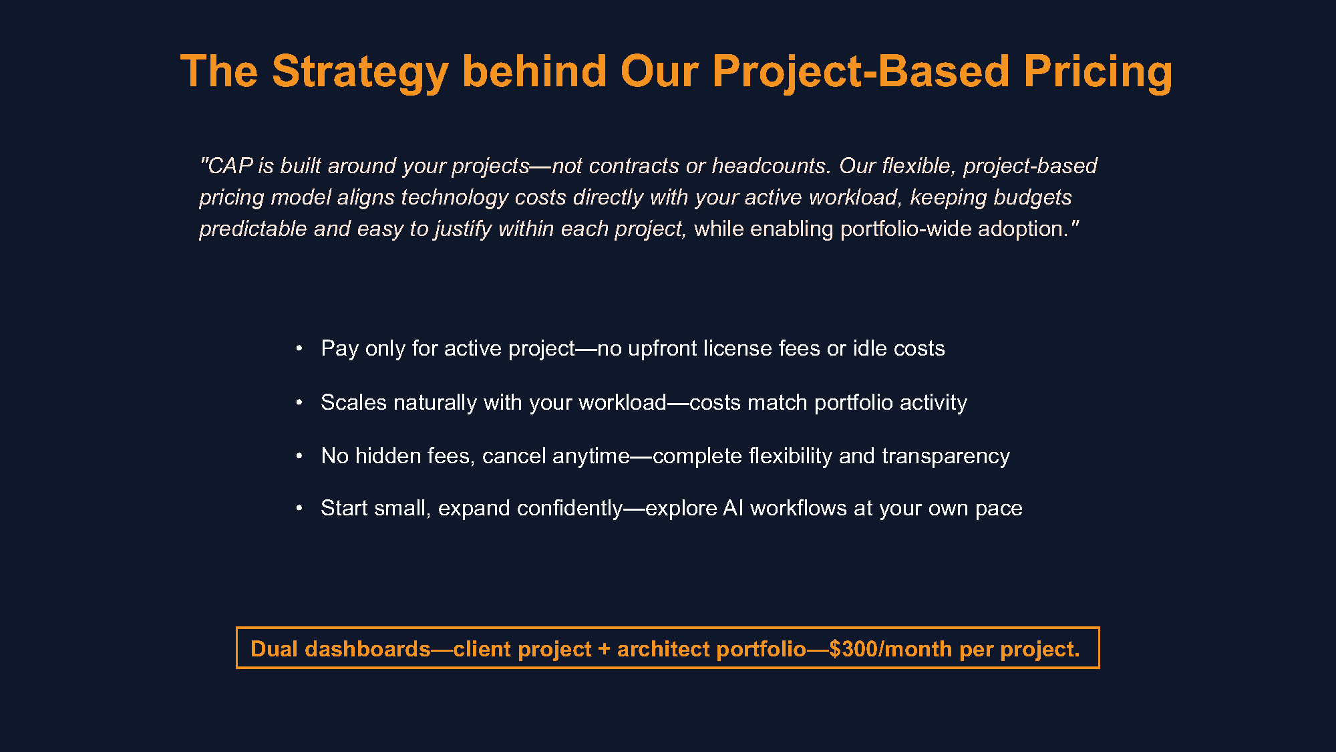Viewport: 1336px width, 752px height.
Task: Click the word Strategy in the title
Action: pos(359,72)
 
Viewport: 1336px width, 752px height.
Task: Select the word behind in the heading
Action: pos(534,72)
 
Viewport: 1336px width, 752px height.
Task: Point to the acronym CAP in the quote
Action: pos(230,166)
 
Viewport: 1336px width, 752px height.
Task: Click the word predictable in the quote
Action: pos(253,229)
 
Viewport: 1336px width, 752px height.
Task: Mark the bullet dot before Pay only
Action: pos(299,348)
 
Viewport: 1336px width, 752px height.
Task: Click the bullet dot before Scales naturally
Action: pos(299,402)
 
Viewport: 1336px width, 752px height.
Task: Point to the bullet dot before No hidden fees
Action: pos(299,456)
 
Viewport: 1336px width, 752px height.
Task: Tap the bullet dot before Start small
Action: pos(299,508)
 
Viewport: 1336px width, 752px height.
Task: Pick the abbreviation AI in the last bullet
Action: pos(733,508)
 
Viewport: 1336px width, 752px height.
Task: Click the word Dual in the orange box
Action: pos(274,649)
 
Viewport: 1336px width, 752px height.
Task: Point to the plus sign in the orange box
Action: pos(604,649)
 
